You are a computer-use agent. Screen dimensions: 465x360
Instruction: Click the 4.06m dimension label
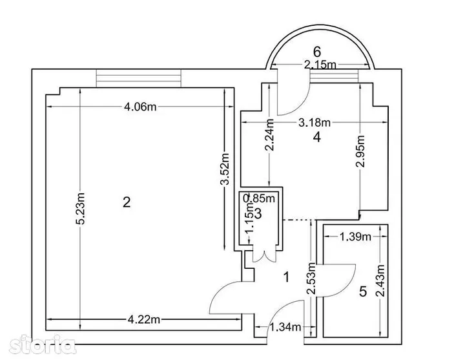140,107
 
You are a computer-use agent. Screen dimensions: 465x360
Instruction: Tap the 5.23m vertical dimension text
80,209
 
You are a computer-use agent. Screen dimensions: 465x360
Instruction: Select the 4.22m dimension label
144,319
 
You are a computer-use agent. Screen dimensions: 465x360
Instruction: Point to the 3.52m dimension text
225,169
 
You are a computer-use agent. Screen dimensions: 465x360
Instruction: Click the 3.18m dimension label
315,122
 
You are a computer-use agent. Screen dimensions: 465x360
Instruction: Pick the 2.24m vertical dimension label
269,134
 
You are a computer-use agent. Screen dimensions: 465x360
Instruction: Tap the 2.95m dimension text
360,151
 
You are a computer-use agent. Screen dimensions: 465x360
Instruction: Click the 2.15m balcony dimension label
320,65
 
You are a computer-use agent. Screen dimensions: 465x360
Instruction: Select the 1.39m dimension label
355,237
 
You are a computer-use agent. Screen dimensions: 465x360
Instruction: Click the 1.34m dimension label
285,327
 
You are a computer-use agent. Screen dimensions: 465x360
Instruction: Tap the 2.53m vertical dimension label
311,278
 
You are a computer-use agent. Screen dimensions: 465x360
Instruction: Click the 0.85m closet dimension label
259,198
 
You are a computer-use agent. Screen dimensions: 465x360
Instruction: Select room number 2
127,202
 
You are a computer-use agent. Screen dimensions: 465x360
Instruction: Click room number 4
317,137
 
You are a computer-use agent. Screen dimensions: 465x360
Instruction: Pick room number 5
363,291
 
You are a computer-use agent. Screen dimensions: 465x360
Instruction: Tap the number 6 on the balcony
317,52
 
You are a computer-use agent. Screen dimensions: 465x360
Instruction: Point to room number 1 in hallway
286,277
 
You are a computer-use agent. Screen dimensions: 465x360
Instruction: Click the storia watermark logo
42,344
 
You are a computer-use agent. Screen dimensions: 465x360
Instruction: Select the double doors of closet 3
262,255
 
